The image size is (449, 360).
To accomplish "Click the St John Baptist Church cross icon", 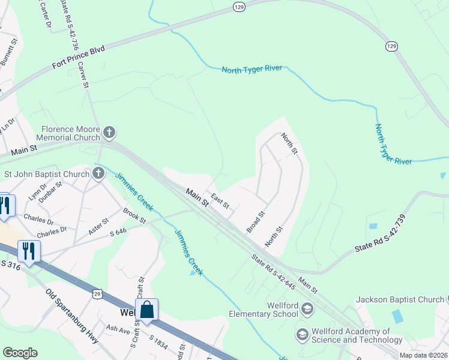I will coord(98,174).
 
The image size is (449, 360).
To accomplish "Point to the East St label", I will coord(220,201).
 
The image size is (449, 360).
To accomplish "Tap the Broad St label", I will coord(256,223).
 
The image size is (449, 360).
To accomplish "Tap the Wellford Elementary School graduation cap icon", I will coord(307,310).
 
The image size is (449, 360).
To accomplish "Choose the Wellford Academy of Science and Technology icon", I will coord(303,334).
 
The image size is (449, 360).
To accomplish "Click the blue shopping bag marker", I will coord(146,310).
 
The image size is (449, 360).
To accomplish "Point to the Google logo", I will coord(20,353).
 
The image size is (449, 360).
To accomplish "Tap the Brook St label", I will coord(134,215).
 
